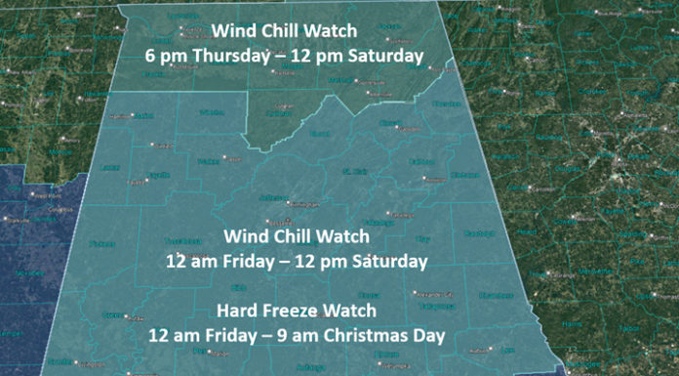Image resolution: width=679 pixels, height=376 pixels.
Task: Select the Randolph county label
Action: (477, 232)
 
